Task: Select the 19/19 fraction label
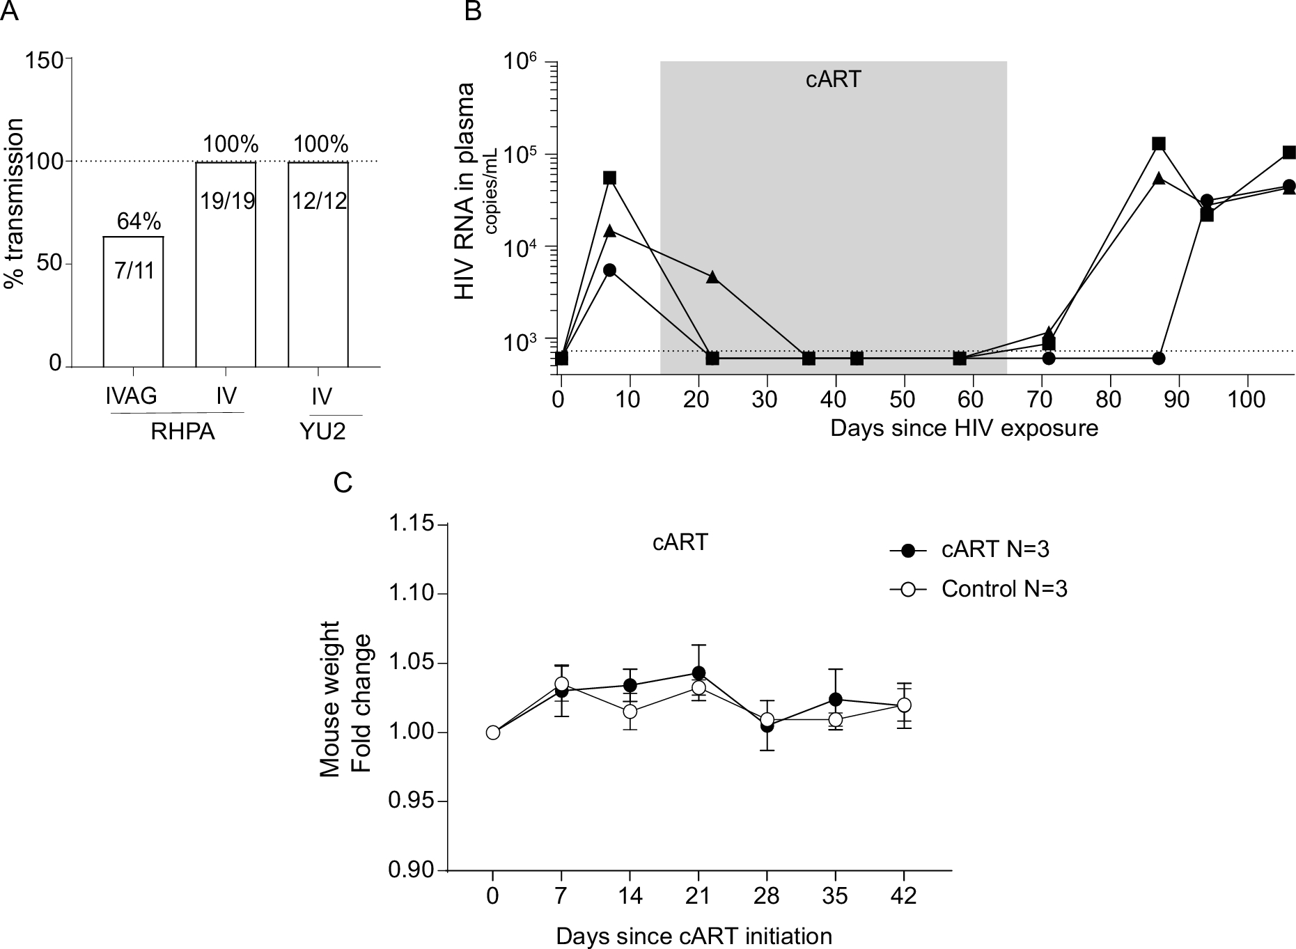pyautogui.click(x=226, y=201)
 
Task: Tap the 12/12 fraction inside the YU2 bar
pyautogui.click(x=318, y=201)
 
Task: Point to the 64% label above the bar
pyautogui.click(x=139, y=221)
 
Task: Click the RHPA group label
pyautogui.click(x=182, y=432)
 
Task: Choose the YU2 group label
pyautogui.click(x=322, y=432)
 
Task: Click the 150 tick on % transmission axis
pyautogui.click(x=43, y=60)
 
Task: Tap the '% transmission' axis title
pyautogui.click(x=13, y=203)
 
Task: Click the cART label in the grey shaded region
pyautogui.click(x=833, y=79)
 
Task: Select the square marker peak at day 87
pyautogui.click(x=1159, y=143)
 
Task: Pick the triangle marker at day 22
pyautogui.click(x=712, y=277)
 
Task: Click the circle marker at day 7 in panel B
pyautogui.click(x=610, y=270)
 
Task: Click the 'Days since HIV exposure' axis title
pyautogui.click(x=964, y=428)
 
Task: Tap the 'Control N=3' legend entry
pyautogui.click(x=1004, y=589)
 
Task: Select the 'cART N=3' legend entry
pyautogui.click(x=994, y=549)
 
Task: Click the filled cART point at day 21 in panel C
pyautogui.click(x=698, y=673)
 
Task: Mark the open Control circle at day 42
pyautogui.click(x=904, y=705)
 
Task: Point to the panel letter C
pyautogui.click(x=343, y=483)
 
